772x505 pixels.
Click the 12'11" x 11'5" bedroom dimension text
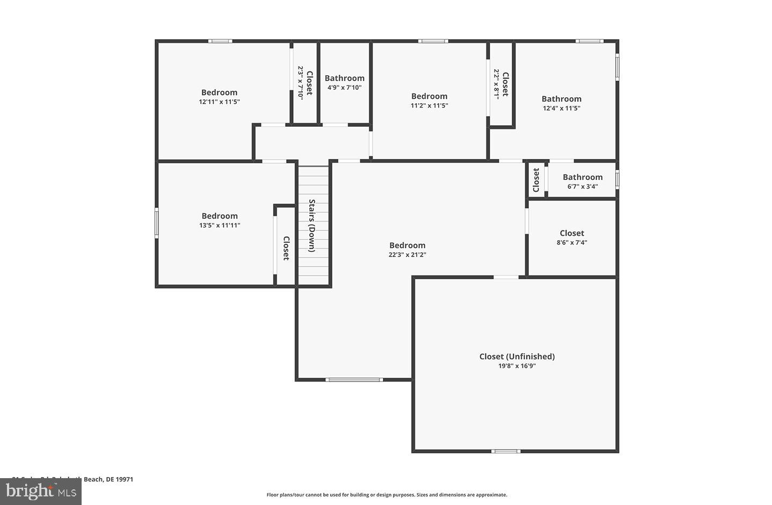pyautogui.click(x=219, y=102)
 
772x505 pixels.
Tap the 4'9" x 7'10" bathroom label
pyautogui.click(x=344, y=88)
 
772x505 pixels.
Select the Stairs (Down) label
pyautogui.click(x=312, y=226)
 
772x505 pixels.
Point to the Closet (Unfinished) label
pyautogui.click(x=516, y=356)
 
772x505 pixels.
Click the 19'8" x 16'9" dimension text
pyautogui.click(x=516, y=366)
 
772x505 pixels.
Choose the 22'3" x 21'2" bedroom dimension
pyautogui.click(x=407, y=255)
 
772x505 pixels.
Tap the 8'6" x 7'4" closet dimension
pyautogui.click(x=572, y=242)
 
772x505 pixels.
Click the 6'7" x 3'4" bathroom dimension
pyautogui.click(x=582, y=186)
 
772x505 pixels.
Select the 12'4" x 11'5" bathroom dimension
pyautogui.click(x=561, y=108)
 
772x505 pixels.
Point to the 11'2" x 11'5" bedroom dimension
pyautogui.click(x=429, y=105)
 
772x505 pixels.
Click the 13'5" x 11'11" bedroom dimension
pyautogui.click(x=220, y=225)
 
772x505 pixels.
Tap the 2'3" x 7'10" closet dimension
pyautogui.click(x=301, y=83)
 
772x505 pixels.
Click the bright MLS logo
pyautogui.click(x=41, y=491)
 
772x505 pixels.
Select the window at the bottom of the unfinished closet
pyautogui.click(x=506, y=451)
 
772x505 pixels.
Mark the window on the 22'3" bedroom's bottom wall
pyautogui.click(x=354, y=380)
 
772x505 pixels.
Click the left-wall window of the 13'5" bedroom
pyautogui.click(x=157, y=223)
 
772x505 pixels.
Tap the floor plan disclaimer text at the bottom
pyautogui.click(x=387, y=495)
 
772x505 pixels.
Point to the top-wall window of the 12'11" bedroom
pyautogui.click(x=220, y=41)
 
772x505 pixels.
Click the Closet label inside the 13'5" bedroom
pyautogui.click(x=286, y=248)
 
